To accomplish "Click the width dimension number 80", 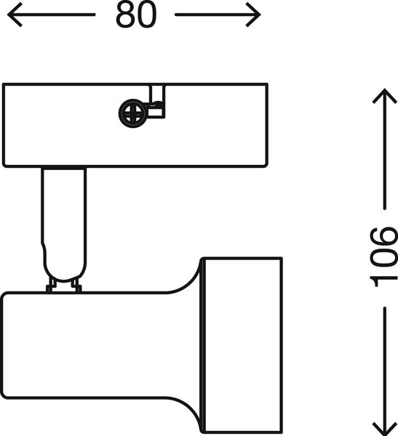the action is point(136,15).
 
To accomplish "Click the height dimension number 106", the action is point(383,257).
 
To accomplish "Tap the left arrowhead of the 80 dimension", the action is point(15,15).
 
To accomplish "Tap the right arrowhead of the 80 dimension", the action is point(253,15).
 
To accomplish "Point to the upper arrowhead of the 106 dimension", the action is point(385,96).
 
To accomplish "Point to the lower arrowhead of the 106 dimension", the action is point(385,428).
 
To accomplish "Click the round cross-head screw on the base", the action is point(132,113).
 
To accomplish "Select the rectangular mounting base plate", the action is point(135,125).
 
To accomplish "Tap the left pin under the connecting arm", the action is point(51,286).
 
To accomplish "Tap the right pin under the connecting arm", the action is point(76,286).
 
